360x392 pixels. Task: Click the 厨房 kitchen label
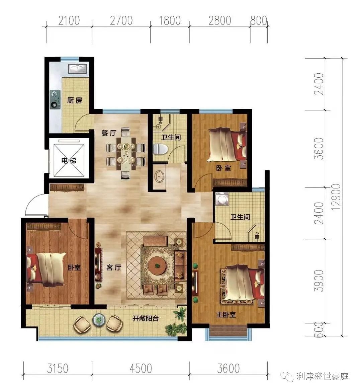pyautogui.click(x=75, y=100)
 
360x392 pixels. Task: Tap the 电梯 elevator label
pyautogui.click(x=69, y=160)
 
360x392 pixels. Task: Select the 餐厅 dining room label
pyautogui.click(x=109, y=133)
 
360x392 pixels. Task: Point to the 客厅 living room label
pyautogui.click(x=114, y=267)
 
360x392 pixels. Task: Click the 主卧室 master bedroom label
pyautogui.click(x=226, y=314)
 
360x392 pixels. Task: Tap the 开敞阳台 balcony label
pyautogui.click(x=146, y=318)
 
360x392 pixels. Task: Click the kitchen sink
pyautogui.click(x=78, y=69)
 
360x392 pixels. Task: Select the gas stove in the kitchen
pyautogui.click(x=55, y=99)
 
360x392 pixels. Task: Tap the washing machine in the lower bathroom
pyautogui.click(x=222, y=199)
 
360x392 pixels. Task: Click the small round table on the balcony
pyautogui.click(x=99, y=319)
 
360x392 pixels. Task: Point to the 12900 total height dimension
pyautogui.click(x=337, y=197)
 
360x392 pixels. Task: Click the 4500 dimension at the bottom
pyautogui.click(x=141, y=369)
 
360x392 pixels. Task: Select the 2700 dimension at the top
pyautogui.click(x=121, y=20)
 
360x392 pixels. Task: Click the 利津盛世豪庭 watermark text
pyautogui.click(x=322, y=376)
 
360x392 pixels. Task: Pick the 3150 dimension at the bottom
pyautogui.click(x=58, y=369)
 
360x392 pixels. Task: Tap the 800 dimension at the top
pyautogui.click(x=259, y=20)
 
